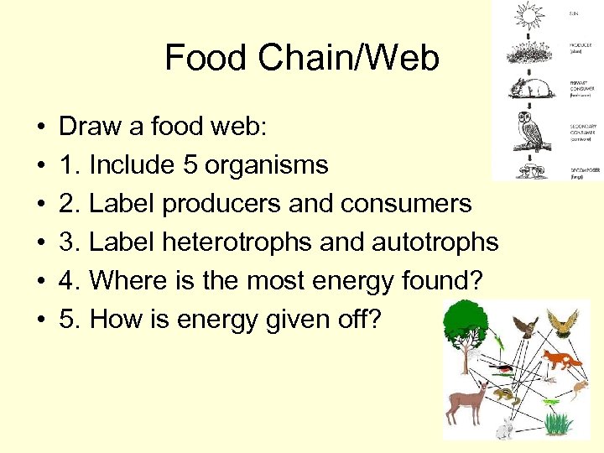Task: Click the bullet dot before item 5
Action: (40, 320)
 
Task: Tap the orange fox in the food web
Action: (560, 362)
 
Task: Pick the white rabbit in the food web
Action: (504, 429)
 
